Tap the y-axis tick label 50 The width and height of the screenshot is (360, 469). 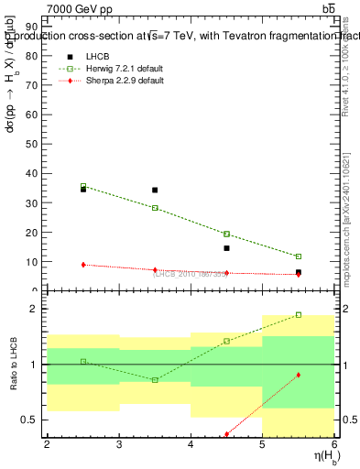tap(33, 144)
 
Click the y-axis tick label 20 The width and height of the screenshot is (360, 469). tap(33, 232)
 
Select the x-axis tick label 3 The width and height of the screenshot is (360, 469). tap(119, 445)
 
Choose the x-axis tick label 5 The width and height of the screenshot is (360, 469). tap(263, 445)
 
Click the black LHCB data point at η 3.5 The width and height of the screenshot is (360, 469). tap(155, 191)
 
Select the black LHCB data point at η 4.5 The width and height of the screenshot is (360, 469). tap(226, 248)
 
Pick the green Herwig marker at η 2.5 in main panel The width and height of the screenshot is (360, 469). tap(83, 186)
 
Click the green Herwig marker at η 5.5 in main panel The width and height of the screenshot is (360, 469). tap(299, 256)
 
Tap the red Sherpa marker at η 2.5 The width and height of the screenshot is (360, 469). tap(83, 265)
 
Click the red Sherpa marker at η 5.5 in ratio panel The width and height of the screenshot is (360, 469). tap(299, 376)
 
